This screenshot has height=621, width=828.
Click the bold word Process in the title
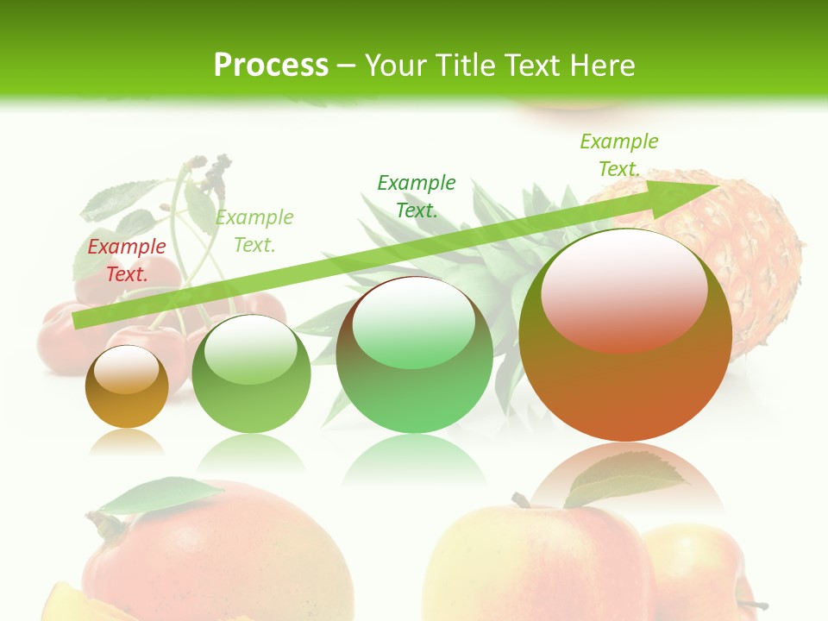[271, 66]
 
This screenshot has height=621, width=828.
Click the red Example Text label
[127, 260]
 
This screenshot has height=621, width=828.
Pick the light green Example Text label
[254, 230]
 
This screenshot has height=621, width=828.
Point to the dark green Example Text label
[417, 196]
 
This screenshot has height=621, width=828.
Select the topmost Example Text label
[618, 154]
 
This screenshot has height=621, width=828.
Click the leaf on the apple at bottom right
[625, 479]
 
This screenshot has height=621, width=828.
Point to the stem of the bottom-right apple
[520, 500]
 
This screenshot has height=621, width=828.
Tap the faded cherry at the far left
[60, 341]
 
